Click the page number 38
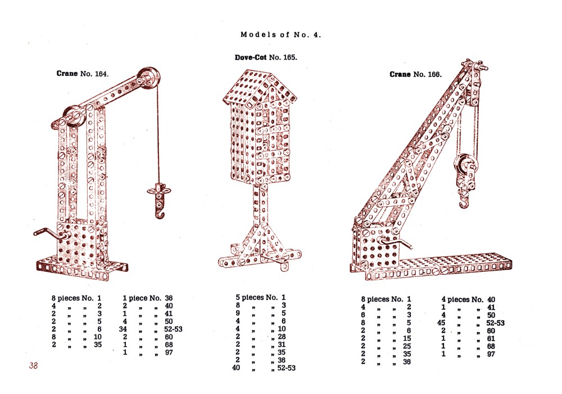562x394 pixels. (x=33, y=366)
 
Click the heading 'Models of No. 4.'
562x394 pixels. (x=280, y=35)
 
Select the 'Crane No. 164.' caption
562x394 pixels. (x=83, y=74)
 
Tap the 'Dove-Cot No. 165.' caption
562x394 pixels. (x=266, y=57)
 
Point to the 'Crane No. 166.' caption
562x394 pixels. (x=416, y=74)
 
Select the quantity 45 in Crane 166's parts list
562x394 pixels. (x=442, y=323)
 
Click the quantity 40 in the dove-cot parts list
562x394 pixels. (x=236, y=368)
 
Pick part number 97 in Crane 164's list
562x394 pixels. (x=169, y=352)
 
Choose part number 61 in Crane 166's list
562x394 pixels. (x=491, y=338)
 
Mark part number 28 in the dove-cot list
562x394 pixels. (x=282, y=337)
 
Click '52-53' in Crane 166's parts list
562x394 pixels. (x=495, y=323)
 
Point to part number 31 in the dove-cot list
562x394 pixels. (x=282, y=344)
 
